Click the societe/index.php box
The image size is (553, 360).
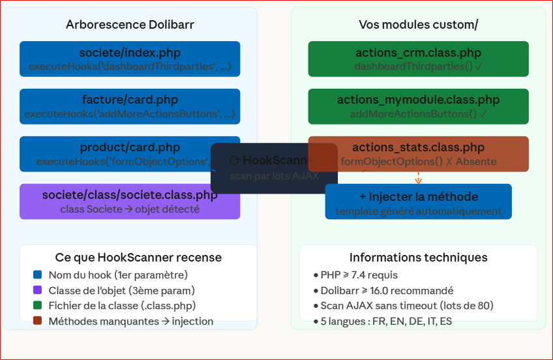pyautogui.click(x=130, y=59)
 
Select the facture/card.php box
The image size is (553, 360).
pyautogui.click(x=130, y=106)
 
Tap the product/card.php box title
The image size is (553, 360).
pyautogui.click(x=130, y=147)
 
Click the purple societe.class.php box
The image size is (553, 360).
pyautogui.click(x=130, y=202)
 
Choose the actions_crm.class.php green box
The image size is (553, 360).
pyautogui.click(x=418, y=59)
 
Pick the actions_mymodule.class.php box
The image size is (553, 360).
pyautogui.click(x=418, y=106)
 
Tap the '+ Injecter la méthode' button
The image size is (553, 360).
pyautogui.click(x=418, y=202)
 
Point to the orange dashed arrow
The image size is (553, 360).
pyautogui.click(x=418, y=177)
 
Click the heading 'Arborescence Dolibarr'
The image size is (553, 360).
pyautogui.click(x=130, y=25)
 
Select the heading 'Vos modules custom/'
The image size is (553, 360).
pyautogui.click(x=418, y=25)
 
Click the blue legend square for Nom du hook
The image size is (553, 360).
pyautogui.click(x=37, y=275)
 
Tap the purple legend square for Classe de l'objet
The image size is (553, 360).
pyautogui.click(x=37, y=290)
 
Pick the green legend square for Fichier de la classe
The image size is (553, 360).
pyautogui.click(x=37, y=305)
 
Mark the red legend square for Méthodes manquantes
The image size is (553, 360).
pyautogui.click(x=37, y=321)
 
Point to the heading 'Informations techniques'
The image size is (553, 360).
pyautogui.click(x=418, y=258)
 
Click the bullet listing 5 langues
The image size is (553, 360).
pyautogui.click(x=382, y=321)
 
